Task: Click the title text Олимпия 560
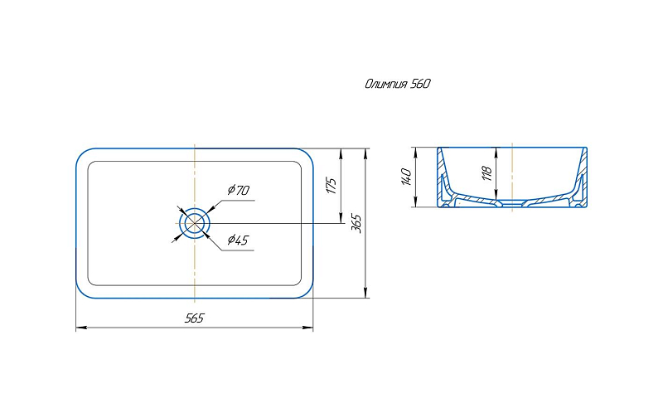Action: coord(398,84)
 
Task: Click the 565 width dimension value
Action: coord(194,318)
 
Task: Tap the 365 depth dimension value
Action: coord(357,223)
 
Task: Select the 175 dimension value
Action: coord(332,186)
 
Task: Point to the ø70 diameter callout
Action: coord(239,190)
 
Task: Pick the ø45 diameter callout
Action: coord(238,240)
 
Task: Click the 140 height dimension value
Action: coord(406,177)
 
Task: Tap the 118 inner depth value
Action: coord(487,173)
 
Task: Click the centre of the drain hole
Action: coord(194,222)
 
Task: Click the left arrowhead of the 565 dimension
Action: coord(80,328)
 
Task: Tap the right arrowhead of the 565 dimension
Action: coord(308,328)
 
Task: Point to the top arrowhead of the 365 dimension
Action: coord(365,153)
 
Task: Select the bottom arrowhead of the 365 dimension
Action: coord(365,293)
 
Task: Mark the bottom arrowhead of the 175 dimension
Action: coord(341,217)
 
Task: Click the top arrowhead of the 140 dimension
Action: coord(416,153)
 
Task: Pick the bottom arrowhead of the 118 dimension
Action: coord(496,195)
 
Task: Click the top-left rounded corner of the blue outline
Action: coord(81,154)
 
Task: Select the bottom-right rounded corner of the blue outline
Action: coord(307,292)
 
